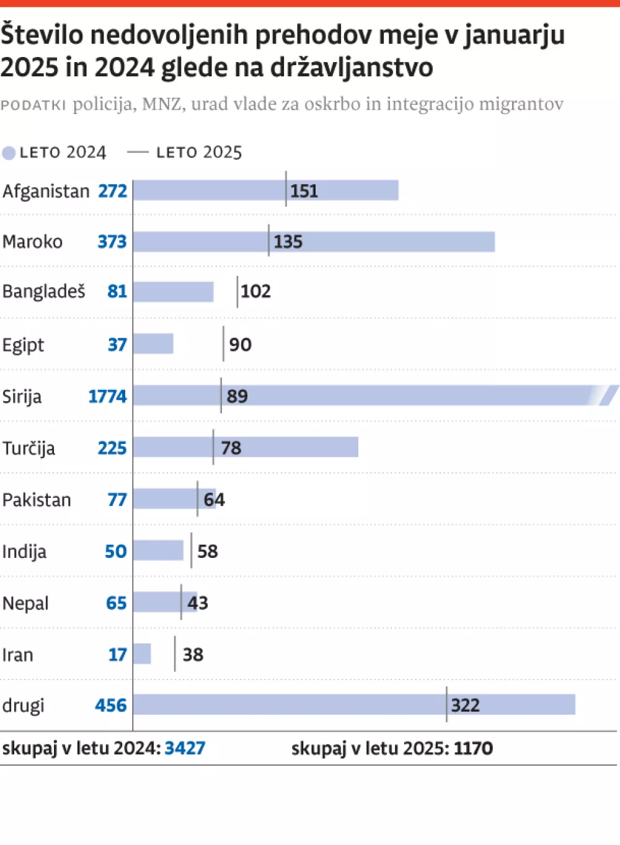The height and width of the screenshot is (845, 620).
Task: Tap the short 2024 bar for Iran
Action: [x=142, y=653]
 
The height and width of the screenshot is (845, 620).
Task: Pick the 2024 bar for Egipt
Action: [x=153, y=343]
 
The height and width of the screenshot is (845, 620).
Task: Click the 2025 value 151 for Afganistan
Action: [x=304, y=191]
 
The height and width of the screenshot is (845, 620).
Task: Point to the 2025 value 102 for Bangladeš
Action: [x=255, y=291]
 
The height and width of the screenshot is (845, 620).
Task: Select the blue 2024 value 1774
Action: [x=107, y=396]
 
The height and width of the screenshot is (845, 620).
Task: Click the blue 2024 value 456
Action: [x=110, y=706]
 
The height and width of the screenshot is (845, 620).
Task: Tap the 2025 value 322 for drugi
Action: [x=465, y=706]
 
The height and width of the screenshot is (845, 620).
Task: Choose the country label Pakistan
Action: [x=37, y=500]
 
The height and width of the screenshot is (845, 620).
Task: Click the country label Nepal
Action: [x=25, y=603]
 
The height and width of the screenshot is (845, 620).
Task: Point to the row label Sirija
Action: [x=22, y=396]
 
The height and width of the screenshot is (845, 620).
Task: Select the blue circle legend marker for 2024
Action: [x=9, y=153]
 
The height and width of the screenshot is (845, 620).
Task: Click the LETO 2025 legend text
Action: [x=198, y=153]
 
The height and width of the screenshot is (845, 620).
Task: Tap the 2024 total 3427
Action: [x=185, y=748]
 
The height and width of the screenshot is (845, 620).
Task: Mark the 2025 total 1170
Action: [x=473, y=748]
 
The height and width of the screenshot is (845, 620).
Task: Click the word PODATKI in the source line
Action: [x=33, y=105]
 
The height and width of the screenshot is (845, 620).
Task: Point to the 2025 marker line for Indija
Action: [x=191, y=551]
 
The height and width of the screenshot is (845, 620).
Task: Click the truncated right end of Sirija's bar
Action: [x=608, y=395]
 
